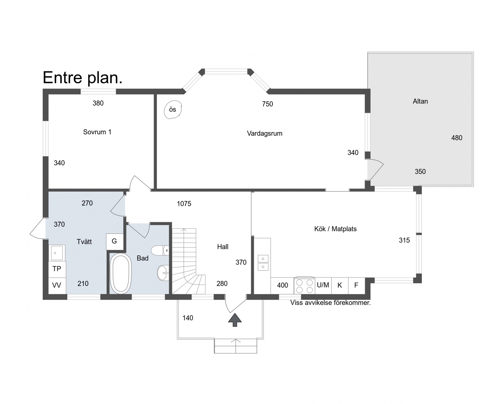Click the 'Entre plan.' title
click(x=83, y=78)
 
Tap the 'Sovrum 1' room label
click(x=97, y=132)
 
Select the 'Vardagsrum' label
click(x=264, y=134)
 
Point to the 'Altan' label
click(x=420, y=101)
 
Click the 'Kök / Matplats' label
click(x=335, y=229)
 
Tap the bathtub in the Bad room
click(x=121, y=273)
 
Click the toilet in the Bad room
click(x=160, y=250)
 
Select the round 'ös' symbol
click(x=173, y=110)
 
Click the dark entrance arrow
click(x=235, y=320)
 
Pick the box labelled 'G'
click(x=115, y=241)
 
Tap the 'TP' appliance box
click(x=57, y=269)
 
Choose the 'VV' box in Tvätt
click(x=57, y=285)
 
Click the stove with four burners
click(x=304, y=285)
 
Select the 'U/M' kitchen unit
click(x=323, y=285)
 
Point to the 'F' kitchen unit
click(x=356, y=285)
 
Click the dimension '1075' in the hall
click(x=184, y=204)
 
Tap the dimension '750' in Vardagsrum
click(x=267, y=104)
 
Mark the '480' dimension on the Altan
click(x=457, y=138)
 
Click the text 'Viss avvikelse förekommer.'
click(x=330, y=303)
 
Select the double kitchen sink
click(x=263, y=263)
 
